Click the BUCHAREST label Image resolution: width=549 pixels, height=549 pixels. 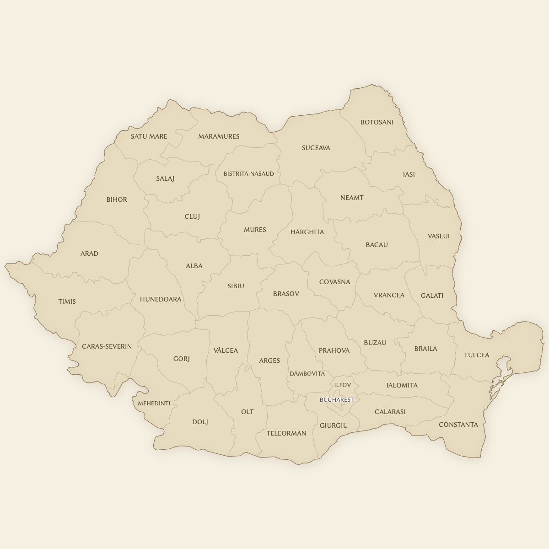coord(336,400)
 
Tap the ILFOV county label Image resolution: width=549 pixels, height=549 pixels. coord(342,385)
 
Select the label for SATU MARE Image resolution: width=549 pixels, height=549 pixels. coord(149,136)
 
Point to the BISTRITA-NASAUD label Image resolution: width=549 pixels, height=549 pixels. coord(248,174)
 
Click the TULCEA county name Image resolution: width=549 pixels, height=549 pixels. coord(476,355)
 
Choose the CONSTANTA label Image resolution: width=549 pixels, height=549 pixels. coord(458,425)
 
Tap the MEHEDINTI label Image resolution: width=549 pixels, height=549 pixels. coord(154,404)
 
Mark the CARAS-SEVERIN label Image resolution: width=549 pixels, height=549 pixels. coord(107,346)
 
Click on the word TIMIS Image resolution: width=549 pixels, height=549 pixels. coord(67,301)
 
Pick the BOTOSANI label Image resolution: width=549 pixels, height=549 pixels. coord(377,122)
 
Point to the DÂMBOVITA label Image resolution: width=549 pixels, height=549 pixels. coord(307,374)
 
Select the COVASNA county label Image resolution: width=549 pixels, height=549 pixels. coord(334,282)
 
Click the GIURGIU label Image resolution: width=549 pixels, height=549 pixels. coord(334,425)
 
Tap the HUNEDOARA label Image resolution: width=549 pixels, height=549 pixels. coord(161,299)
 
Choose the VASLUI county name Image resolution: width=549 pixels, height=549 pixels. coord(438,236)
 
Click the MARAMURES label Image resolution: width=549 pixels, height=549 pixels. coord(219,136)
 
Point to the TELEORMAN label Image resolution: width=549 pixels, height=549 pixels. coord(286,433)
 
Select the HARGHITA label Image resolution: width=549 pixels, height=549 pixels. coord(307,232)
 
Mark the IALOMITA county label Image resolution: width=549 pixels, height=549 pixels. coord(402,385)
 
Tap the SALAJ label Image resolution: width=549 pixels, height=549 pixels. coord(165,178)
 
